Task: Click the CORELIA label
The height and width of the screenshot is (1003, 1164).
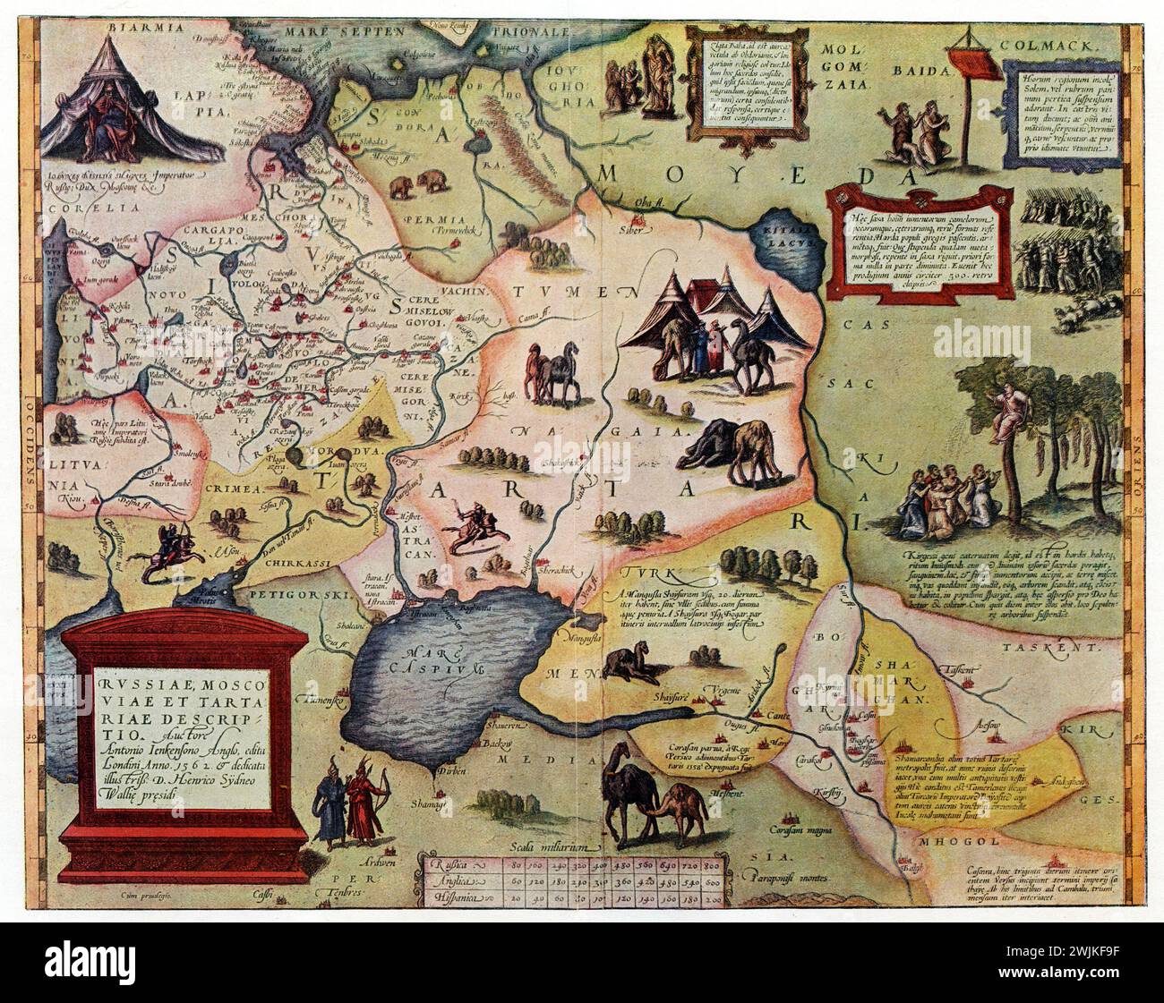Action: point(77,205)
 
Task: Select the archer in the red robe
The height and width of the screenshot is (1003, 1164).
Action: point(364,803)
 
